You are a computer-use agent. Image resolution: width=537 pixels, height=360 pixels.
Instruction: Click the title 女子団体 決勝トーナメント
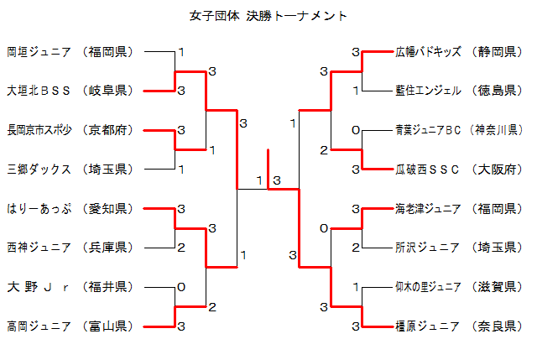[x=268, y=16]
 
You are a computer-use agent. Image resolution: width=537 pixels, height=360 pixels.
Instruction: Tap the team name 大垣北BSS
[x=39, y=90]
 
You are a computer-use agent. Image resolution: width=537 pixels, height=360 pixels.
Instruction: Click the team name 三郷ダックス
[x=39, y=169]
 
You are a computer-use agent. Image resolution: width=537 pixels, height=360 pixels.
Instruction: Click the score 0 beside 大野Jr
[x=180, y=287]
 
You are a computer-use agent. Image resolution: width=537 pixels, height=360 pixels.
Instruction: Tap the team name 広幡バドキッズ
[x=428, y=52]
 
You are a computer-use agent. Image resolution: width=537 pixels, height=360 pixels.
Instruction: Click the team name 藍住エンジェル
[x=428, y=90]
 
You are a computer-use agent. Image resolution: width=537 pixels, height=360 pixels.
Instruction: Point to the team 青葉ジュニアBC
[x=429, y=130]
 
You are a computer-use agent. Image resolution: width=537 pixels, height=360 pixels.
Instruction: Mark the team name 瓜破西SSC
[x=428, y=169]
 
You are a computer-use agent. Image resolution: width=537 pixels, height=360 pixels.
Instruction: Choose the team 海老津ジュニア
[x=428, y=208]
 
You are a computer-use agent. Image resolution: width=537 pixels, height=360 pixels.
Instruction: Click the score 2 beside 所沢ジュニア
[x=357, y=248]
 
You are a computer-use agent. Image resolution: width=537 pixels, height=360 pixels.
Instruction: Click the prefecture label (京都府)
[x=107, y=130]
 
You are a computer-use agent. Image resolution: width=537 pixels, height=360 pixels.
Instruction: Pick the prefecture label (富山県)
[x=107, y=326]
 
